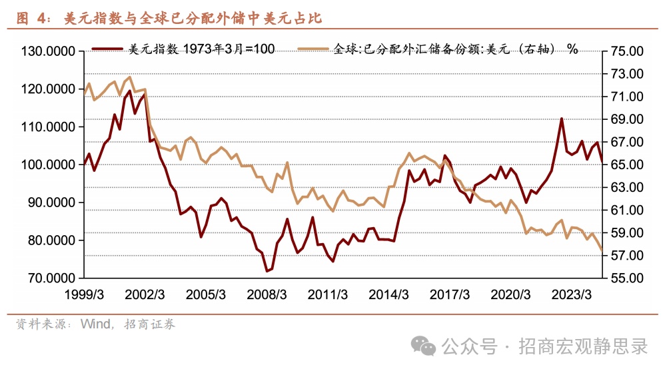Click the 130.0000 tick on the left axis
[47, 51]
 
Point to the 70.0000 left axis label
[47, 278]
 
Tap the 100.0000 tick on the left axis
[47, 165]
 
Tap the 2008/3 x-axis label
[267, 294]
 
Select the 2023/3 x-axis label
[571, 294]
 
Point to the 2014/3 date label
[388, 294]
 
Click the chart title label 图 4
[33, 19]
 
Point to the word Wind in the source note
[95, 324]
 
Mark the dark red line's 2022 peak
[562, 119]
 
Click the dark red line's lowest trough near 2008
[267, 271]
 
